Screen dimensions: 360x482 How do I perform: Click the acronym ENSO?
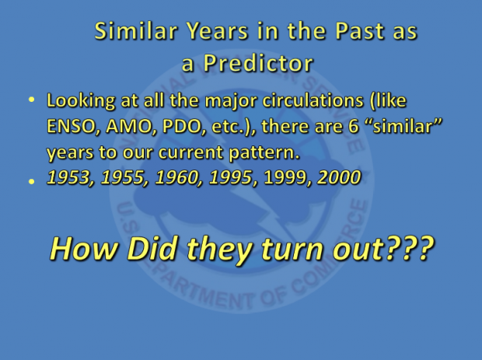click(x=72, y=128)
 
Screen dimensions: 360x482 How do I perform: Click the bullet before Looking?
click(x=31, y=101)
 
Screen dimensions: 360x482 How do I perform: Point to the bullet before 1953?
click(x=31, y=180)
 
